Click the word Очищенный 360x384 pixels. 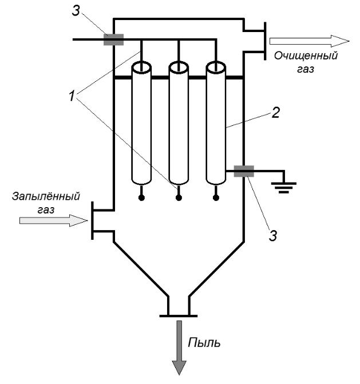(x=306, y=56)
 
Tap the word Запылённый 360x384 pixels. (x=46, y=196)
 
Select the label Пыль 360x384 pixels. (x=204, y=342)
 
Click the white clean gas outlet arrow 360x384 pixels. (x=309, y=41)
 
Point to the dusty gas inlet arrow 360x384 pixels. (x=53, y=220)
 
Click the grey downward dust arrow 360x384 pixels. (x=179, y=348)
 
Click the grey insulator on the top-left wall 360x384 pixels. (x=113, y=39)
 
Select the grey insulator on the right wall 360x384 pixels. (x=244, y=171)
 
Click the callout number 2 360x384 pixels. (x=275, y=113)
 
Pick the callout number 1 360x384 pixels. (x=72, y=96)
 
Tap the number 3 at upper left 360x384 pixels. (x=76, y=11)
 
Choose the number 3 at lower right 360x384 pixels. (x=273, y=235)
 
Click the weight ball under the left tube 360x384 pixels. (x=141, y=197)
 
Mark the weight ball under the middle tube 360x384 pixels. (x=179, y=197)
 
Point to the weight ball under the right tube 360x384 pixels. (x=216, y=197)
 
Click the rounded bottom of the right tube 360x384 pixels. (x=216, y=183)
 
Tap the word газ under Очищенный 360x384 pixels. (x=306, y=69)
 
